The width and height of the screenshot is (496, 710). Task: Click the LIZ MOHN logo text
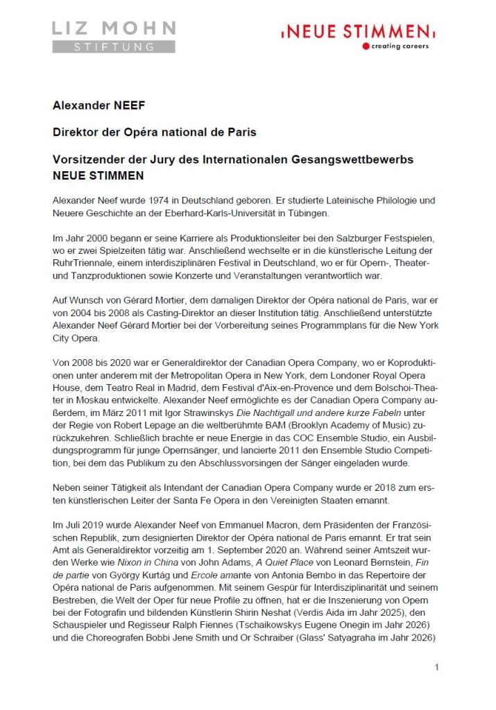pyautogui.click(x=114, y=29)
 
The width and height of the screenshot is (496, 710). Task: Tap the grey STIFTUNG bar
pyautogui.click(x=114, y=47)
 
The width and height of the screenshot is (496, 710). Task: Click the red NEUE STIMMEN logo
pyautogui.click(x=358, y=31)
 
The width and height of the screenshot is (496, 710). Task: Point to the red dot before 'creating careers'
pyautogui.click(x=366, y=46)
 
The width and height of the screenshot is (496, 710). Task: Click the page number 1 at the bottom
pyautogui.click(x=436, y=667)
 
